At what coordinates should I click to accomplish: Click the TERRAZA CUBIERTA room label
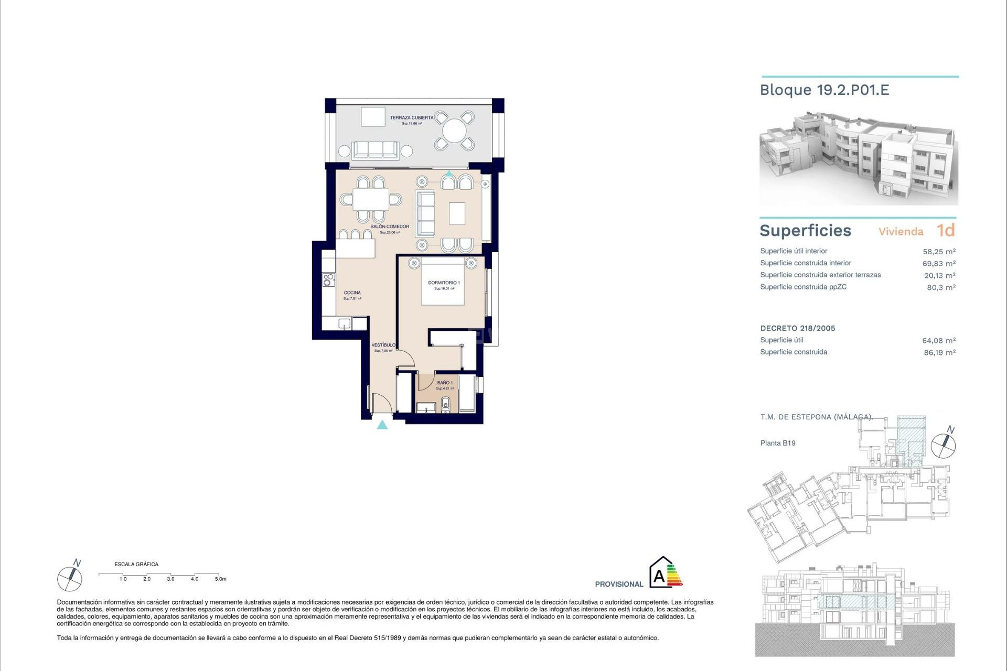[412, 118]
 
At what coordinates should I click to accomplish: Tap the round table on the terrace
[454, 130]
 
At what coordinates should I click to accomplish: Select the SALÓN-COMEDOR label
[390, 227]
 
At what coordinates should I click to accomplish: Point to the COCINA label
[352, 293]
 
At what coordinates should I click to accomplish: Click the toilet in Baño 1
[446, 404]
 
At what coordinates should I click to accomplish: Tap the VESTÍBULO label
[383, 345]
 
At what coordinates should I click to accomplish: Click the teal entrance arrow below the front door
[382, 425]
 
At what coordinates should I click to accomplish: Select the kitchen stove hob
[329, 280]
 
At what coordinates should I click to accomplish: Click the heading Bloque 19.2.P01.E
[824, 90]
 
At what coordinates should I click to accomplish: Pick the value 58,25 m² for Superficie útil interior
[939, 252]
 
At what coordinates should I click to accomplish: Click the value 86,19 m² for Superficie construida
[939, 353]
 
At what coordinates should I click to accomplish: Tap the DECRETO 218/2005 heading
[797, 329]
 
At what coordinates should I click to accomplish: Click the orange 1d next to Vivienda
[946, 231]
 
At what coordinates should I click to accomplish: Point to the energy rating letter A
[659, 577]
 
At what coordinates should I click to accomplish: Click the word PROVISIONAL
[619, 584]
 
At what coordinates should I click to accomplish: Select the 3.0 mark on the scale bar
[170, 579]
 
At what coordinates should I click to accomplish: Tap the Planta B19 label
[778, 443]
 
